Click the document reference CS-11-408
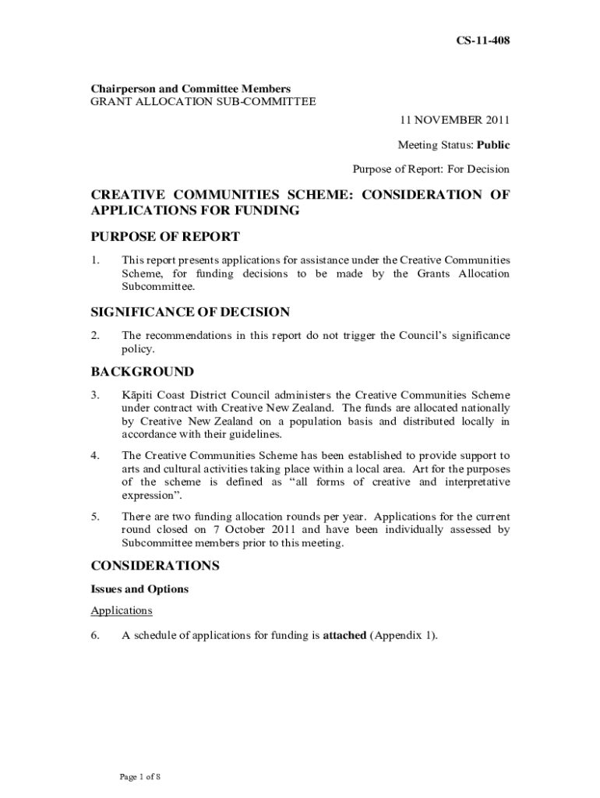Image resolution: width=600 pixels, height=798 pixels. (x=483, y=40)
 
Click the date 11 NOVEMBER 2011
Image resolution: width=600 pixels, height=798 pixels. (x=455, y=120)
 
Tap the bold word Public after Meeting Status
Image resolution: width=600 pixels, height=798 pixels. (x=493, y=144)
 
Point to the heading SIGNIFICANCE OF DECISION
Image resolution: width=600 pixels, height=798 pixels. (x=190, y=312)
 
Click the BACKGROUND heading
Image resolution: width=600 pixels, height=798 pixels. (x=143, y=372)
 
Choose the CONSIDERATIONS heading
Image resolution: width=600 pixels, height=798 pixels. (x=155, y=566)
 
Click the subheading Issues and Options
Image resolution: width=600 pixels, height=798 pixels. (x=139, y=589)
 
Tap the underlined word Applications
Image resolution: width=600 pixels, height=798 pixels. (x=122, y=610)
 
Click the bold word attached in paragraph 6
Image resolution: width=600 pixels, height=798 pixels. (x=344, y=635)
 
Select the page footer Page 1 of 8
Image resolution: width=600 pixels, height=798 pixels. (x=139, y=777)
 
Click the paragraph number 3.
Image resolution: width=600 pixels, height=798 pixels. (x=94, y=395)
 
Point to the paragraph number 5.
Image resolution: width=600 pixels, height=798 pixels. (x=94, y=516)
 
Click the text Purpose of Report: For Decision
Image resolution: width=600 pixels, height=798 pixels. (x=431, y=168)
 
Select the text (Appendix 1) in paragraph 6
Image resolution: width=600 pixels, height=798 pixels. (x=403, y=635)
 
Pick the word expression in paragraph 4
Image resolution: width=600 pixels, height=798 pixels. (x=150, y=494)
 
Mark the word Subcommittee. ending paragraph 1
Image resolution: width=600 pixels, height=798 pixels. (x=157, y=286)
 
